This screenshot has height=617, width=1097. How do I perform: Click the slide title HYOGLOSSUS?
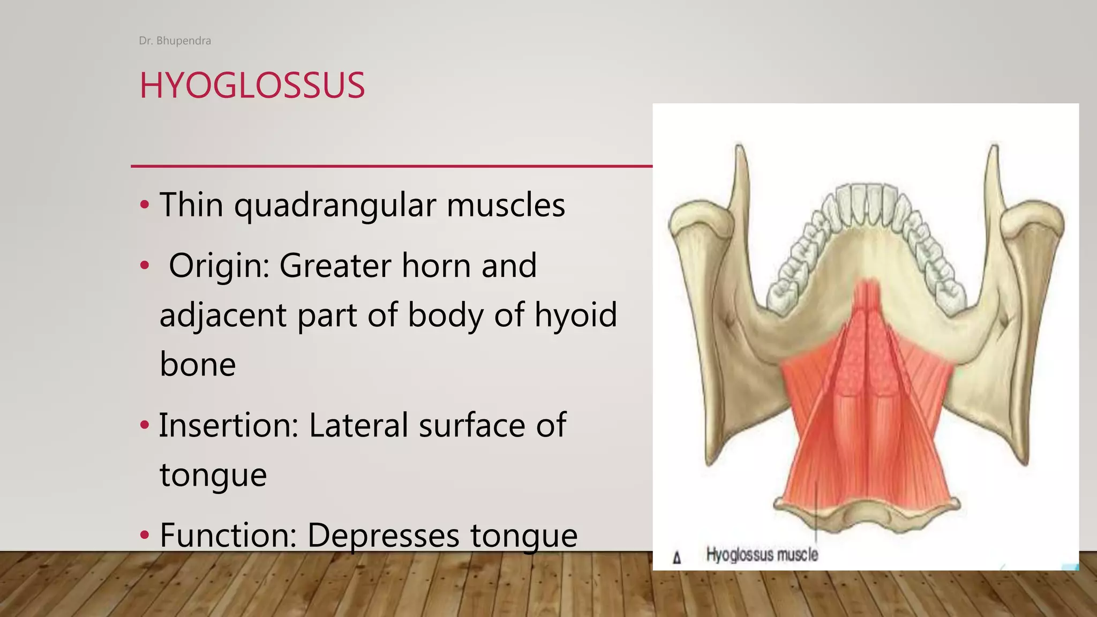coord(252,85)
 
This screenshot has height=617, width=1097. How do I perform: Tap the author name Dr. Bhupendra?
coord(175,41)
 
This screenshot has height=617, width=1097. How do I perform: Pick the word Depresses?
coord(383,535)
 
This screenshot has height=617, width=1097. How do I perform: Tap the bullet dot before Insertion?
coord(144,426)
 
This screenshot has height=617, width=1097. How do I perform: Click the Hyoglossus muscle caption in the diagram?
coord(762,554)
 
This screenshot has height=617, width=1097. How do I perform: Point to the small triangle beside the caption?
coord(677,558)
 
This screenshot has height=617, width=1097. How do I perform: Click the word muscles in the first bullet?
coord(506,205)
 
